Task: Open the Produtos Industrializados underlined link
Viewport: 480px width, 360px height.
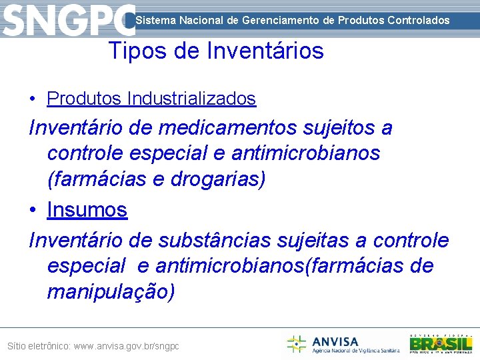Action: point(151,99)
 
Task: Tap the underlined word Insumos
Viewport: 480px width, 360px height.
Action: point(87,209)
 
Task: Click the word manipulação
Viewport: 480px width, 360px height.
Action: point(111,292)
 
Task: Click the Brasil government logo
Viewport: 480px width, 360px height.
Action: point(441,343)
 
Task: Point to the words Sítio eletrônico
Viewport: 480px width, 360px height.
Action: point(38,347)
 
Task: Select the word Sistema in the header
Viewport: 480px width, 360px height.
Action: point(155,20)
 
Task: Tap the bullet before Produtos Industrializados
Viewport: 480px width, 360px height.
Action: point(33,99)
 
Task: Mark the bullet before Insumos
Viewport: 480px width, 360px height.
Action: point(33,210)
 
